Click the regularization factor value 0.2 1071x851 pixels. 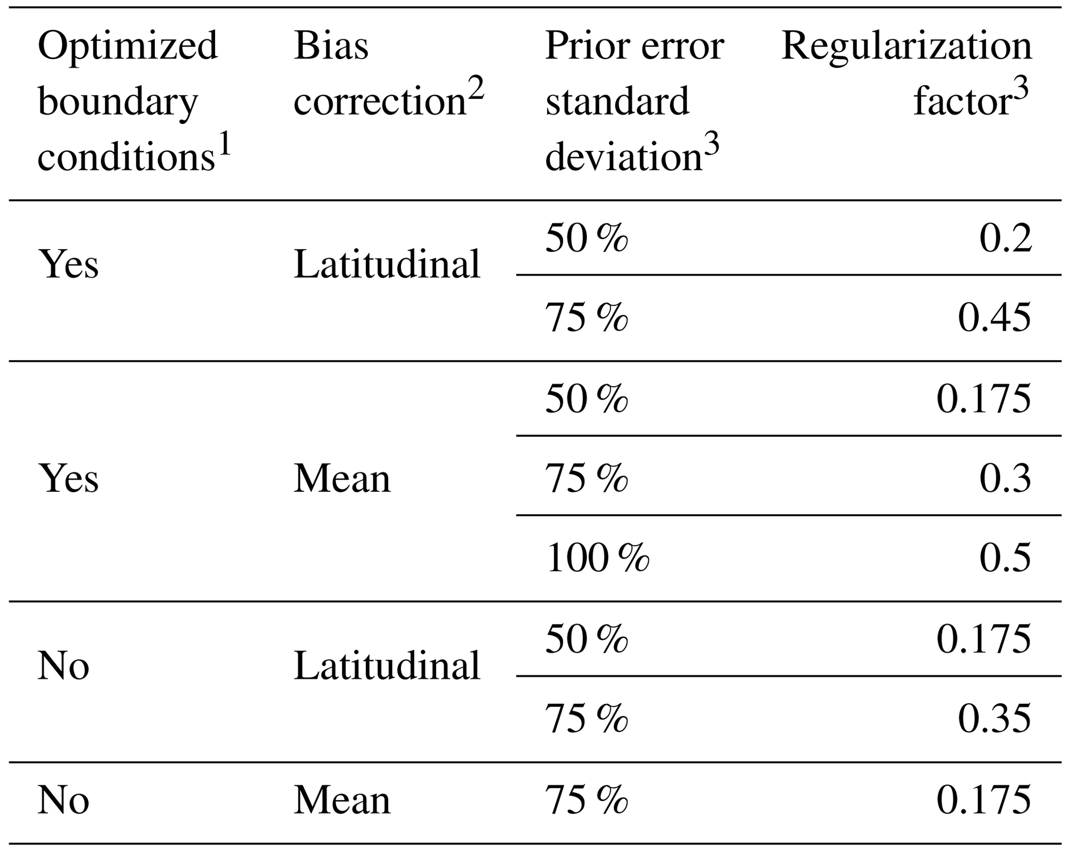[x=1005, y=239]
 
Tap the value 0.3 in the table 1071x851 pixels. [x=1005, y=478]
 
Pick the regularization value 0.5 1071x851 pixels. [x=1005, y=558]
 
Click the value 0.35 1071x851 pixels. [x=994, y=719]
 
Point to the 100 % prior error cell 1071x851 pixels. [x=597, y=558]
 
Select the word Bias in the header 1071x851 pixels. [x=331, y=46]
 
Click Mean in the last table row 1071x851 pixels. [x=342, y=800]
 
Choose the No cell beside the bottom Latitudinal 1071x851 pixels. [x=63, y=666]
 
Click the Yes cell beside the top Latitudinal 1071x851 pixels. [x=68, y=264]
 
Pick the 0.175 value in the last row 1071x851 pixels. [x=984, y=800]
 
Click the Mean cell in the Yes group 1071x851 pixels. [x=342, y=478]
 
